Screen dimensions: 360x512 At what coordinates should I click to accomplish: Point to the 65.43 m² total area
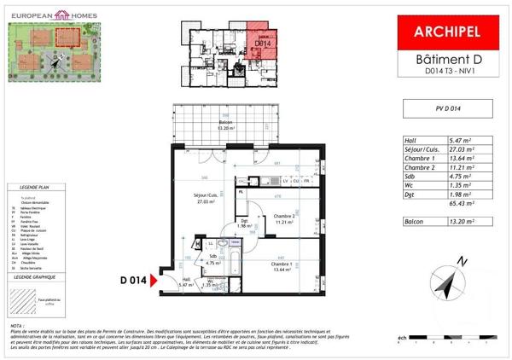[463, 205]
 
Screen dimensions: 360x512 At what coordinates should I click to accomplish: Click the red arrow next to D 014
[154, 280]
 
